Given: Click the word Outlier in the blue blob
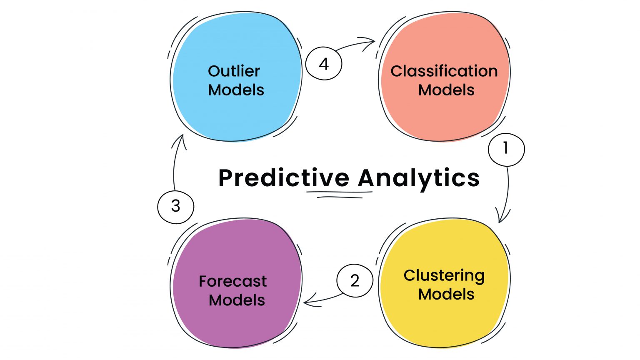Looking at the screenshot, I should (234, 71).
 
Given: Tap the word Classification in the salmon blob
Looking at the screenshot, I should (444, 71).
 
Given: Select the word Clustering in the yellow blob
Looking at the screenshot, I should (444, 276).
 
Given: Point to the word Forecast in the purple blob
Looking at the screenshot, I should (232, 281).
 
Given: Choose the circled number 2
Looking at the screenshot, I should (355, 280).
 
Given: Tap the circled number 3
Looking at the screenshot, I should (175, 206).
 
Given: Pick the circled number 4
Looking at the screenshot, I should (324, 64).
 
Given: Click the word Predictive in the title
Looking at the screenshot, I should (284, 178).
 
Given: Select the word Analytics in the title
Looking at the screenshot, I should (418, 178).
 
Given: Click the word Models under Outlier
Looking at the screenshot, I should (236, 90).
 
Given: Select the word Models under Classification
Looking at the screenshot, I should (446, 90).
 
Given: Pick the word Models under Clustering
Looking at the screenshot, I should (446, 294).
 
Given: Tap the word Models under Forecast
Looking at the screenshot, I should (237, 300).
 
